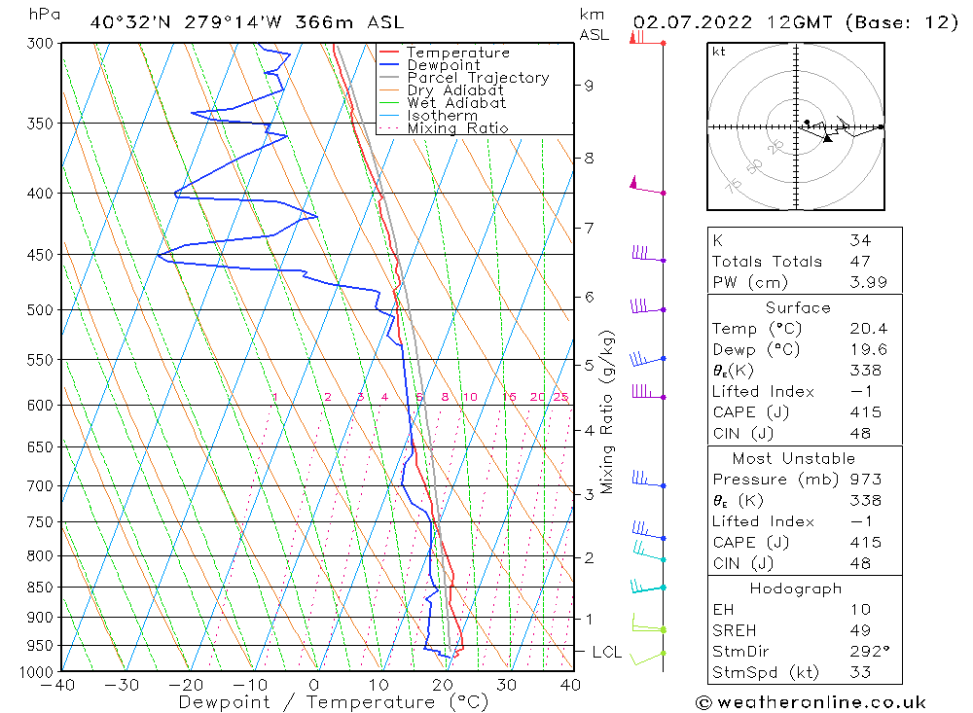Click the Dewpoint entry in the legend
coord(443,65)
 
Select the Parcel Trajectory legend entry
coord(478,78)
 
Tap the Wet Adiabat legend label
coord(456,103)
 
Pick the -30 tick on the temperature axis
coord(122,685)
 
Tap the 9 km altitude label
coord(589,85)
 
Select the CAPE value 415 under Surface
coord(864,412)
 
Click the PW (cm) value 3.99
coord(864,282)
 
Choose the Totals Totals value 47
coord(860,262)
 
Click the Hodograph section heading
coord(796,588)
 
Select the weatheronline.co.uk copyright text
coord(811,701)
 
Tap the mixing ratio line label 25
coord(560,397)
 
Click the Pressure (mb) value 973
coord(864,480)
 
